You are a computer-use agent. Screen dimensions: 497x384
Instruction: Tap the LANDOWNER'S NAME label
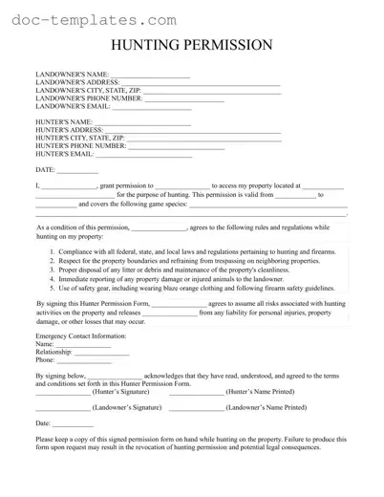[x=72, y=75]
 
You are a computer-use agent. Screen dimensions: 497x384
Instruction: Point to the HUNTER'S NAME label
[x=64, y=123]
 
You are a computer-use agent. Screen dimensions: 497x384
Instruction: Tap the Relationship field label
[x=58, y=353]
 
